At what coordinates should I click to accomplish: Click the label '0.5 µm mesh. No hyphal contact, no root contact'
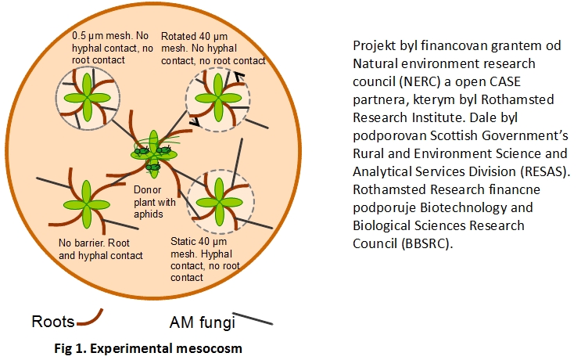coord(113,48)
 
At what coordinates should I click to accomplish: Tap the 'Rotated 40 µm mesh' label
coord(213,49)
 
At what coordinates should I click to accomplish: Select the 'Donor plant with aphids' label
coord(155,202)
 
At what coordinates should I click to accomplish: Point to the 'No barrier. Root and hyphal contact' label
coord(100,249)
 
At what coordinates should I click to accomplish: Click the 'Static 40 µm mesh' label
coord(205,260)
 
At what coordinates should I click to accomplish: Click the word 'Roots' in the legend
coord(53,322)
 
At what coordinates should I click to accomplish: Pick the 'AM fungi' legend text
coord(203,322)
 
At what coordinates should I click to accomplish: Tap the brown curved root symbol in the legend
coord(90,319)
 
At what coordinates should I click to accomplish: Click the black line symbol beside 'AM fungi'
coord(253,319)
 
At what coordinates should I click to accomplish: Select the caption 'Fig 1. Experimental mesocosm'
coord(149,348)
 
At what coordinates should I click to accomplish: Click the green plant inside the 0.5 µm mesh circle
coord(87,98)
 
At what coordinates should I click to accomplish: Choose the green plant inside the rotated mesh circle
coord(218,98)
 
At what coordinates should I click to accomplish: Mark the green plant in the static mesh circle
coord(220,202)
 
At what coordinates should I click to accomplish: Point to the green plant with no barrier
coord(87,204)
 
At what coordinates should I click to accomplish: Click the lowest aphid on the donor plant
coord(153,167)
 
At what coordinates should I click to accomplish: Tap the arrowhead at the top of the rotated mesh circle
coord(240,77)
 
